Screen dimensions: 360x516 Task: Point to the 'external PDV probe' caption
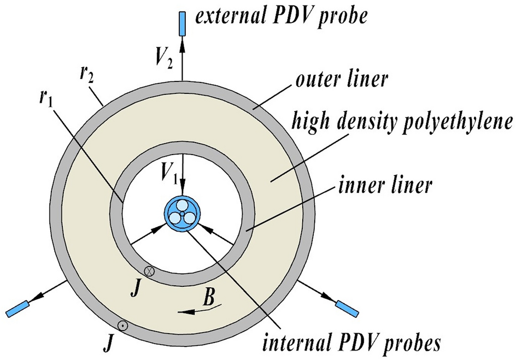(x=282, y=19)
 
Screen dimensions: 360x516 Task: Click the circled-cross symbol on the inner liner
(x=149, y=270)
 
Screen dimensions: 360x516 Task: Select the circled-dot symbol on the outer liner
(x=124, y=326)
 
